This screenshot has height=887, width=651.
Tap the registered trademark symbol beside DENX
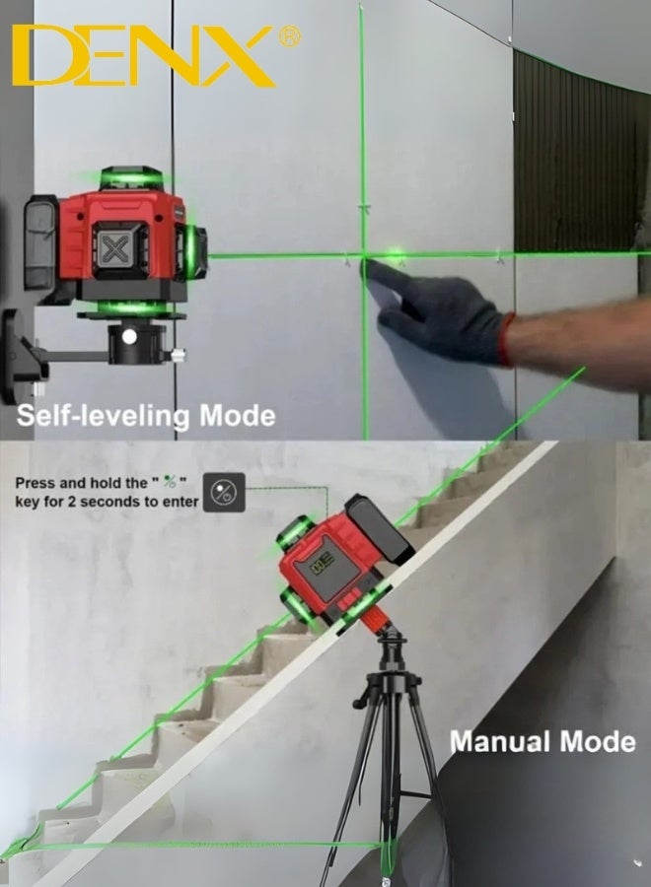pos(290,36)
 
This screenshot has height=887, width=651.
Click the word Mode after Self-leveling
pos(238,415)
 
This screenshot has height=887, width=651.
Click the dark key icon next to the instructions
pos(223,492)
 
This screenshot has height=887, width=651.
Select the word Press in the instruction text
pos(36,483)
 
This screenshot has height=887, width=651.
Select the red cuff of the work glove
pos(506,339)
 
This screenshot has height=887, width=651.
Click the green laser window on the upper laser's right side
pos(193,246)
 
